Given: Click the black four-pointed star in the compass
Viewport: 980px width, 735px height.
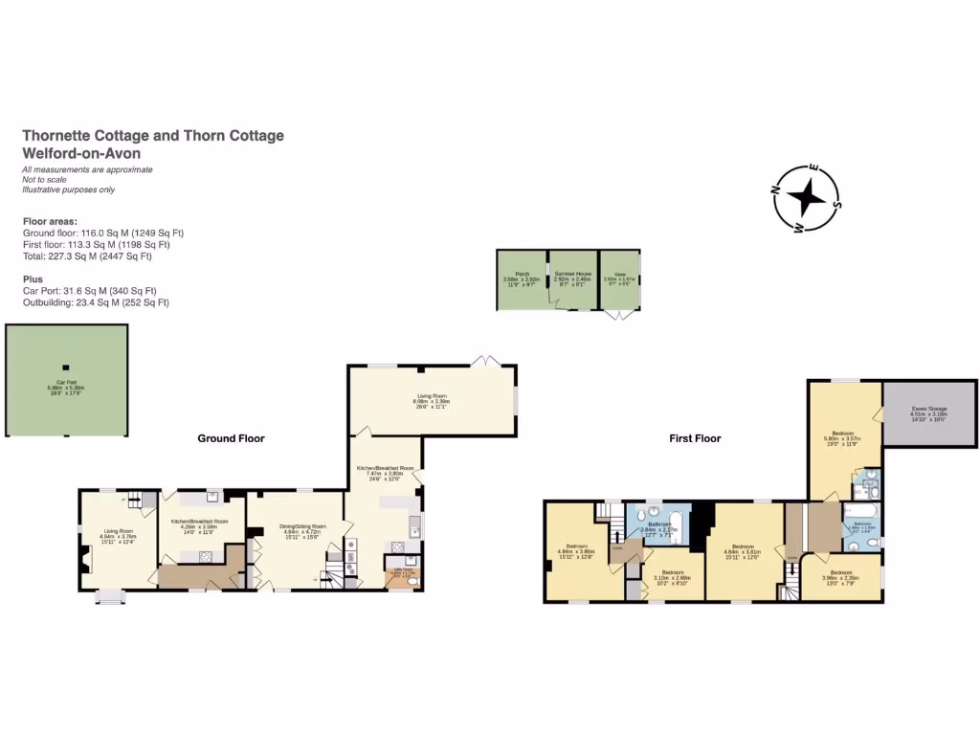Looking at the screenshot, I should [x=807, y=197].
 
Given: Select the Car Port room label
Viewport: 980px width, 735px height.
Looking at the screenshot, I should [x=66, y=386].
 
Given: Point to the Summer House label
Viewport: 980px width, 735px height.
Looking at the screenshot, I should [x=573, y=277].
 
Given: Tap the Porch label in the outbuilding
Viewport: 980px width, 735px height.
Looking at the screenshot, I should [x=522, y=277].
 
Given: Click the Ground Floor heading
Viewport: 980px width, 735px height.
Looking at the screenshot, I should [x=231, y=438].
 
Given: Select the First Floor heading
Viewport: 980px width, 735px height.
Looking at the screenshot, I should [x=695, y=438].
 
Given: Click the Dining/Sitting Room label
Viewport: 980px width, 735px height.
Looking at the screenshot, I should [x=302, y=528].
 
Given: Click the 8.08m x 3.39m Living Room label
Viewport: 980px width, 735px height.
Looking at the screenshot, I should [x=430, y=400].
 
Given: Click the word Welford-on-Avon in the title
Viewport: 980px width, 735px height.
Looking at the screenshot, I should [x=81, y=153].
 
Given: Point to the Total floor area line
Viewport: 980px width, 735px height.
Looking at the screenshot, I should [x=87, y=256].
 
